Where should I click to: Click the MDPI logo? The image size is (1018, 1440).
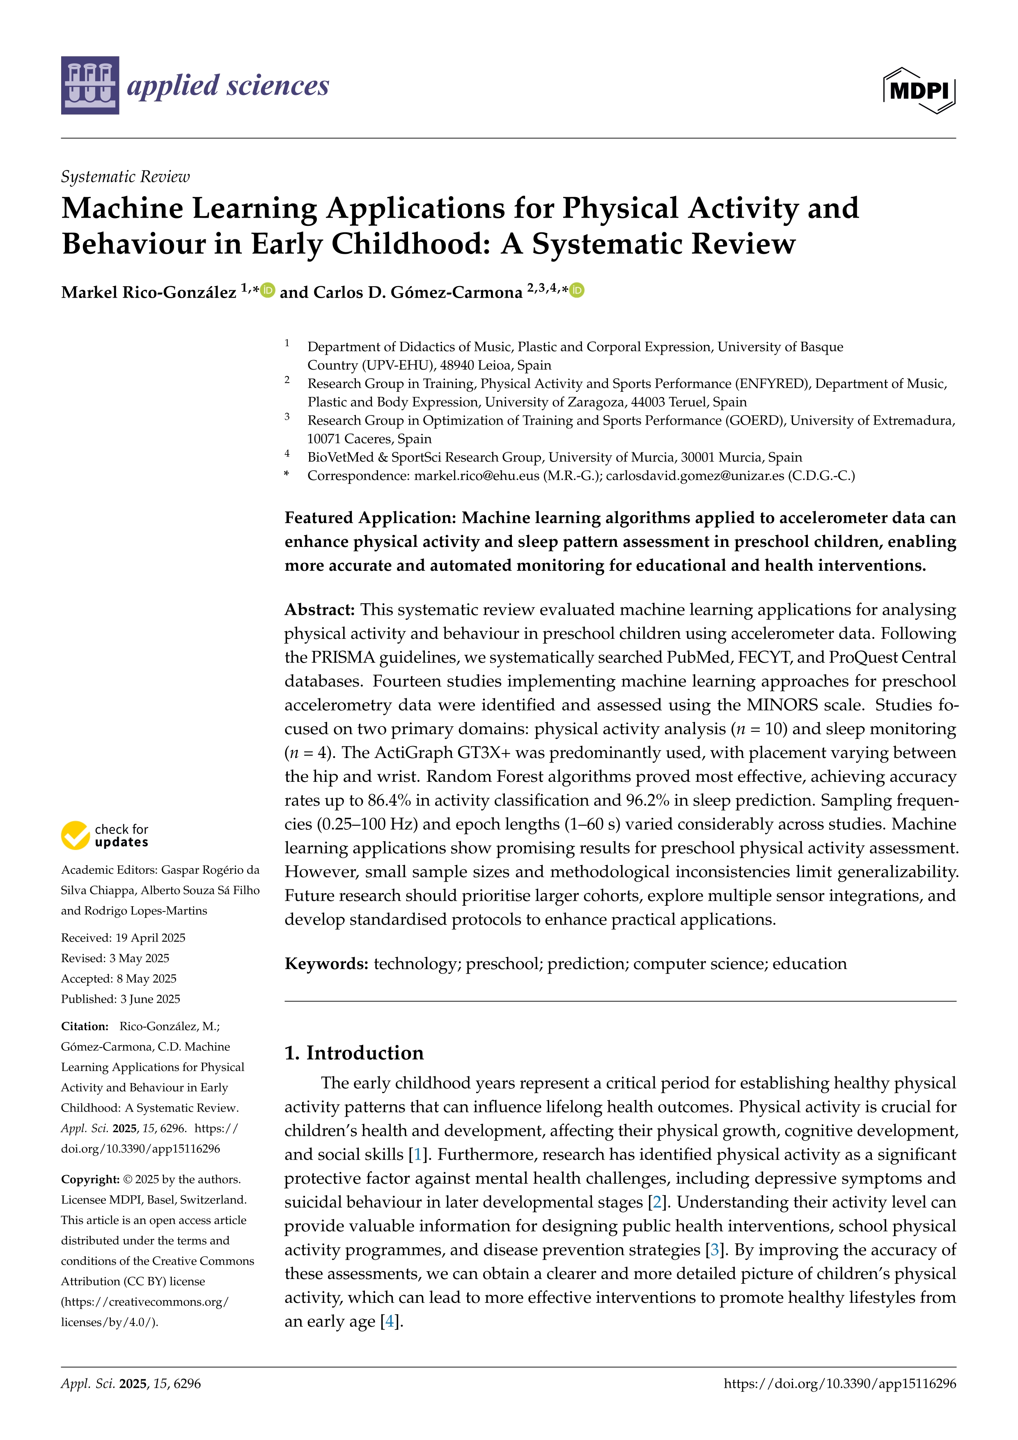pos(919,90)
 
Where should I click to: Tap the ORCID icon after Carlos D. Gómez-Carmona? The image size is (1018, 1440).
pos(577,290)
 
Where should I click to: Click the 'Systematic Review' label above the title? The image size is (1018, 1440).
pos(125,177)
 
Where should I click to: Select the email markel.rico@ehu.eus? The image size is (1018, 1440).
pos(477,475)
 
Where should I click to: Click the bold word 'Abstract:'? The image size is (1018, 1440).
pos(320,610)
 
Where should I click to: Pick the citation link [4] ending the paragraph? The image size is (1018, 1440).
pos(390,1321)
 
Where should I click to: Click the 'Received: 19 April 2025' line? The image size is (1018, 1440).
pos(123,938)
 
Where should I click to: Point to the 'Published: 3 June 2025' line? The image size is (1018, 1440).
pos(120,999)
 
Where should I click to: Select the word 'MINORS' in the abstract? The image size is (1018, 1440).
pos(782,705)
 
